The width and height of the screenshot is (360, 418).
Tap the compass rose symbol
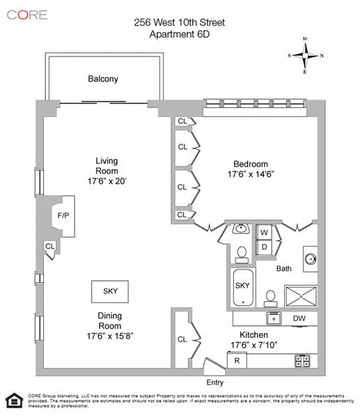point(306,55)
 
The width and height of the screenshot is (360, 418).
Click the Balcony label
point(103,79)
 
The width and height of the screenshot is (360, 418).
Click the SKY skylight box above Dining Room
point(110,291)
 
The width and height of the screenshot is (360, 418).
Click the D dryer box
point(265,247)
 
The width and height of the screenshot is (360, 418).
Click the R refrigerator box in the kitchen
point(237,361)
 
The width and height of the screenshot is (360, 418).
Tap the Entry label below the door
point(215,382)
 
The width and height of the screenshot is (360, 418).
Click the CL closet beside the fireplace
point(49,246)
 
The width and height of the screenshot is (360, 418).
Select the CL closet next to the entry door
point(182,339)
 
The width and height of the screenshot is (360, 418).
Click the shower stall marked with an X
point(302,295)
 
